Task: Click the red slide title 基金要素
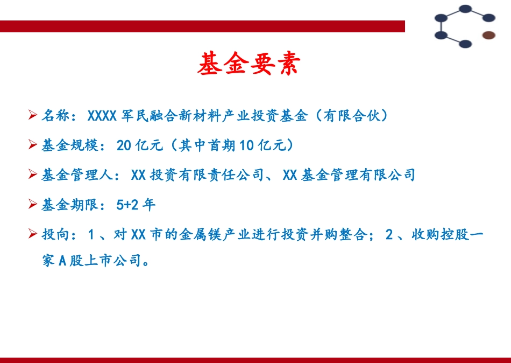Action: (x=248, y=64)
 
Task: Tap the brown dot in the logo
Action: (x=488, y=36)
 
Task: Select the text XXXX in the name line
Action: (x=102, y=115)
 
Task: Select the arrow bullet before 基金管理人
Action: (x=33, y=174)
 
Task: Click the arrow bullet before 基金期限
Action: (x=33, y=204)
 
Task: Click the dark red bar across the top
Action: (x=202, y=26)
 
